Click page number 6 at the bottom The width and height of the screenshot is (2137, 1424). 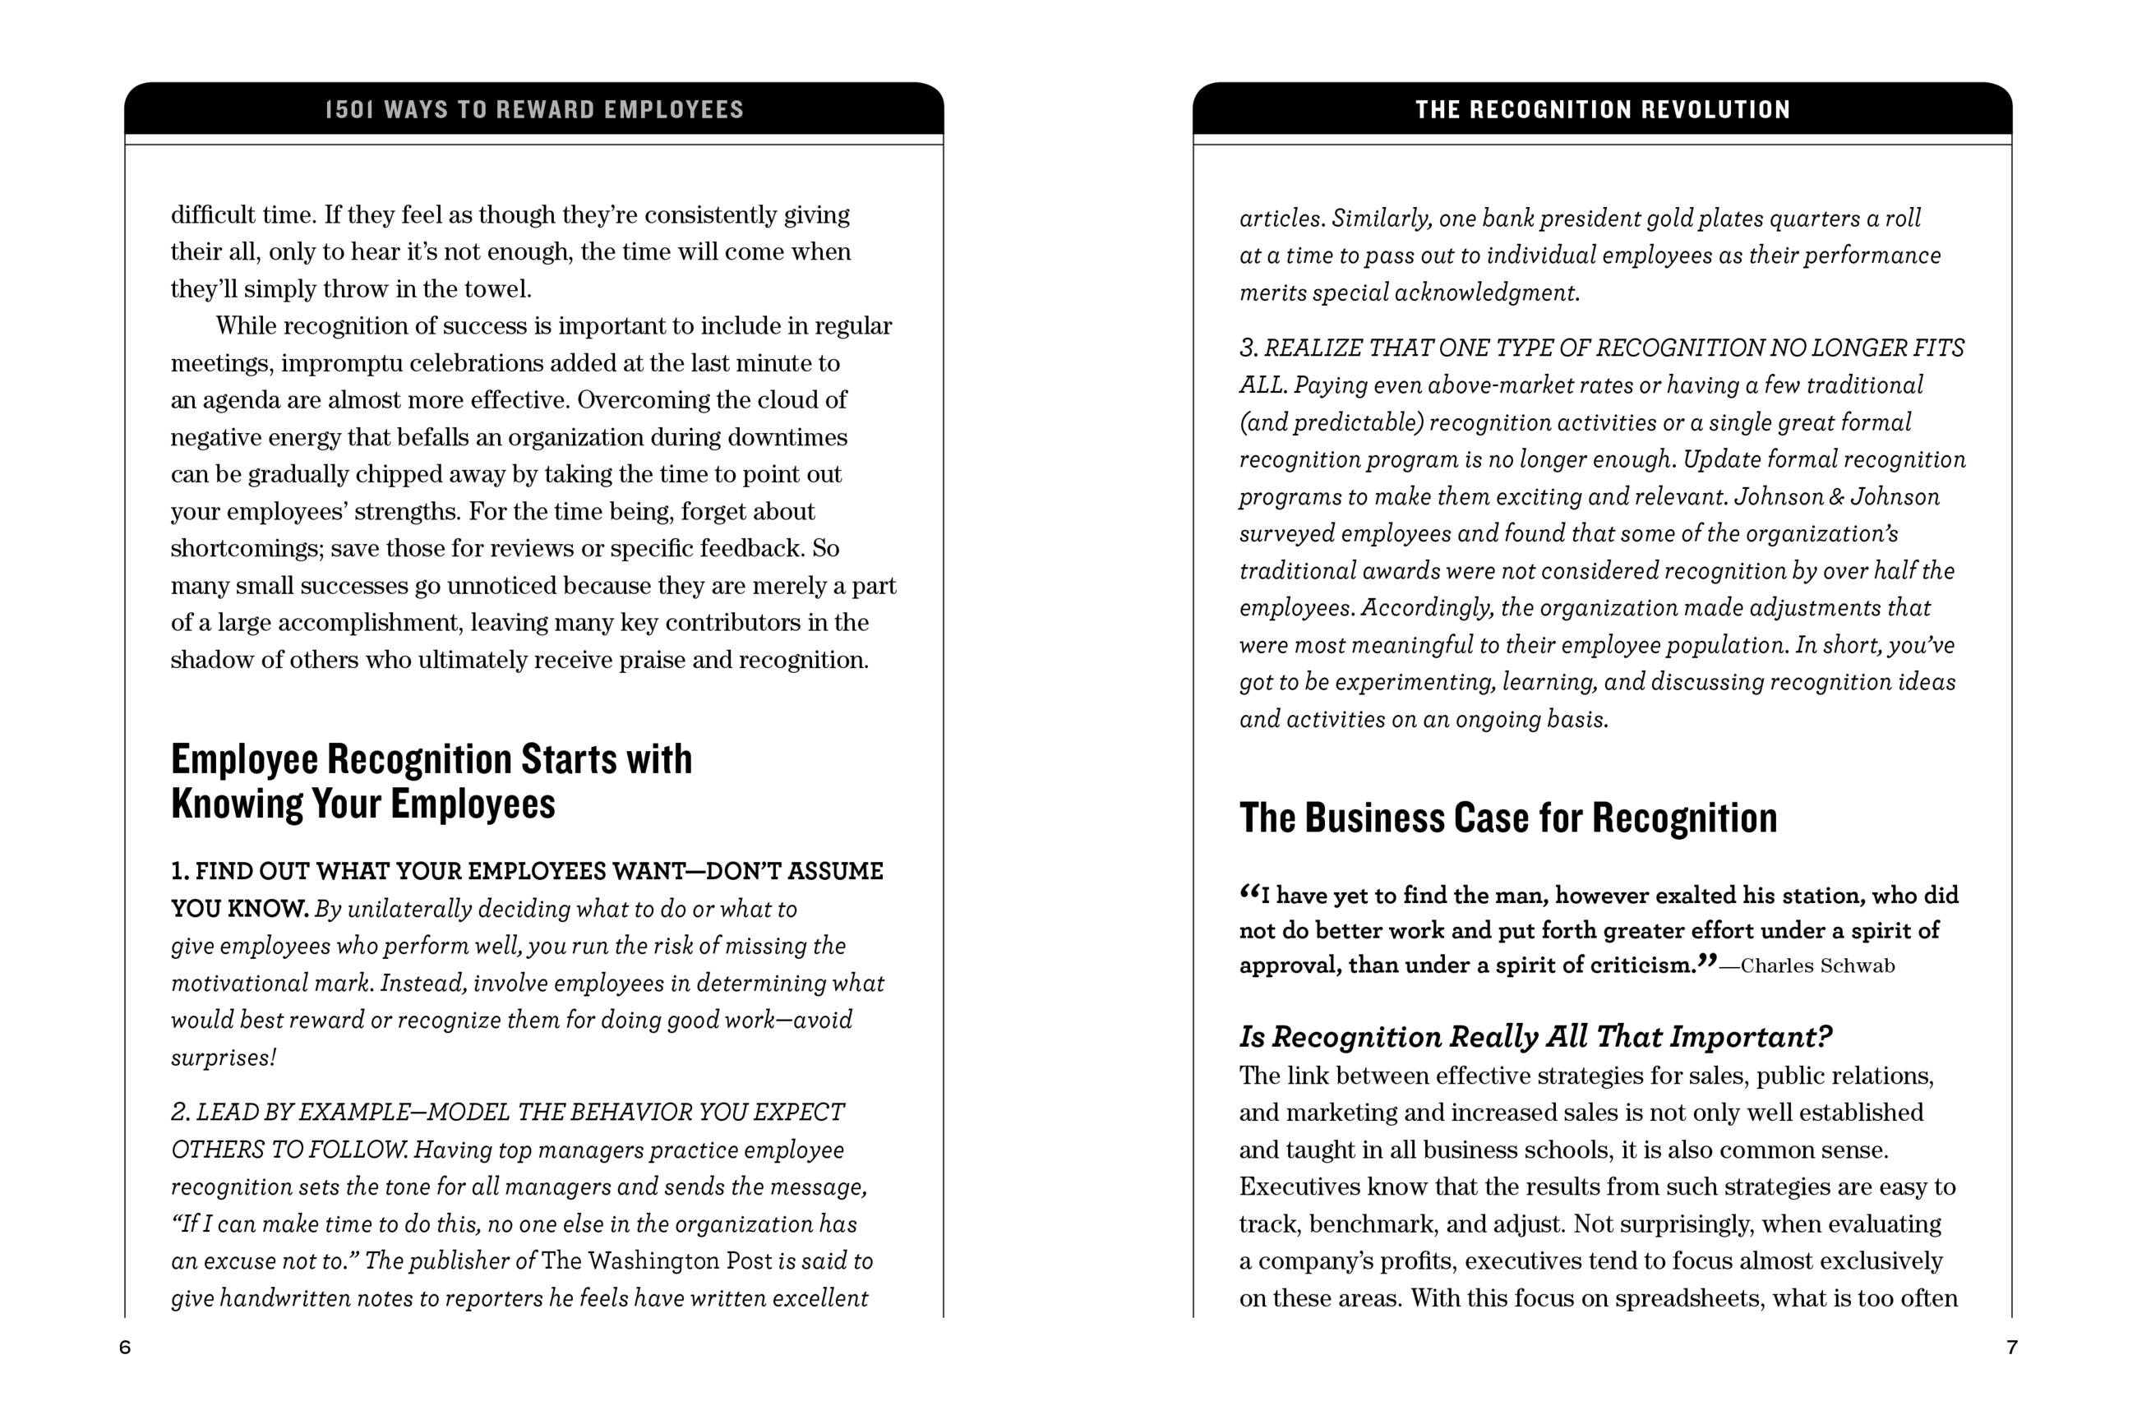click(125, 1348)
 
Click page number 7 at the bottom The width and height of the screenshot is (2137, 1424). click(2012, 1348)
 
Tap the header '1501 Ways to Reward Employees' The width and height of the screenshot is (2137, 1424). click(534, 110)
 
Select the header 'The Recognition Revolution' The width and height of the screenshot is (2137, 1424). click(1602, 110)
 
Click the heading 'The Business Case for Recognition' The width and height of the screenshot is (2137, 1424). click(1507, 818)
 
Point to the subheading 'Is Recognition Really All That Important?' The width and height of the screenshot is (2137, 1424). click(1535, 1037)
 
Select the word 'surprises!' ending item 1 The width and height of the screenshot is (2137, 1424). click(224, 1058)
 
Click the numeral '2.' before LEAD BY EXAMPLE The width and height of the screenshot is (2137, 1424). click(181, 1113)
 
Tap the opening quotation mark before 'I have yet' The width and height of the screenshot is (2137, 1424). click(1249, 894)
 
